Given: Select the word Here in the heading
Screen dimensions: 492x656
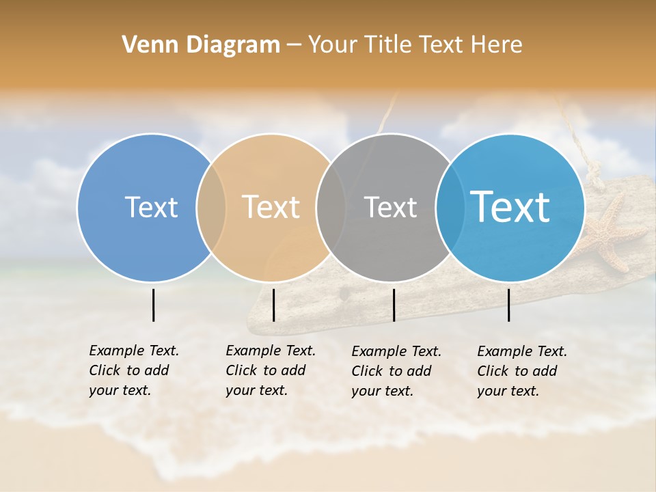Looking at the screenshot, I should click(496, 45).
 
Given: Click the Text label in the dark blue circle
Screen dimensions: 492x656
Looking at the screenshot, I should click(151, 207).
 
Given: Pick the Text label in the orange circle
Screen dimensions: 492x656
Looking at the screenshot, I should click(271, 207).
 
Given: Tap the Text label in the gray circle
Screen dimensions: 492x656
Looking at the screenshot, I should click(390, 207).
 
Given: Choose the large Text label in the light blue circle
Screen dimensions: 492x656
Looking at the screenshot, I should click(510, 207).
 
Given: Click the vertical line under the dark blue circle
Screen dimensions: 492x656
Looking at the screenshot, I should click(153, 305).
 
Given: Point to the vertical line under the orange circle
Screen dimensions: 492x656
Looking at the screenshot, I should click(273, 305).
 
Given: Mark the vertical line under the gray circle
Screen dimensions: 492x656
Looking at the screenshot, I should click(394, 305).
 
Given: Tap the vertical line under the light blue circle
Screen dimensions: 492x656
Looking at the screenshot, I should click(508, 305).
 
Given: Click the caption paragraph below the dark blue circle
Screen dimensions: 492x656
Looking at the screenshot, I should click(134, 370).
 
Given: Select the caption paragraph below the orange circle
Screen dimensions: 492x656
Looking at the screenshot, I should click(271, 370).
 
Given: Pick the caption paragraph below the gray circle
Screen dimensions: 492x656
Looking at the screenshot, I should click(396, 371).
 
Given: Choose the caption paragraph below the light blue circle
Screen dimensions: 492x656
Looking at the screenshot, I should click(522, 371).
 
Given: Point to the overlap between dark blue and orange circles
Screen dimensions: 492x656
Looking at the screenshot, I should click(211, 207).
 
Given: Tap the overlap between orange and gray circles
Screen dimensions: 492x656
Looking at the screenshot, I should click(331, 207).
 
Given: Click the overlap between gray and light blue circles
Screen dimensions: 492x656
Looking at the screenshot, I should click(449, 207).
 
